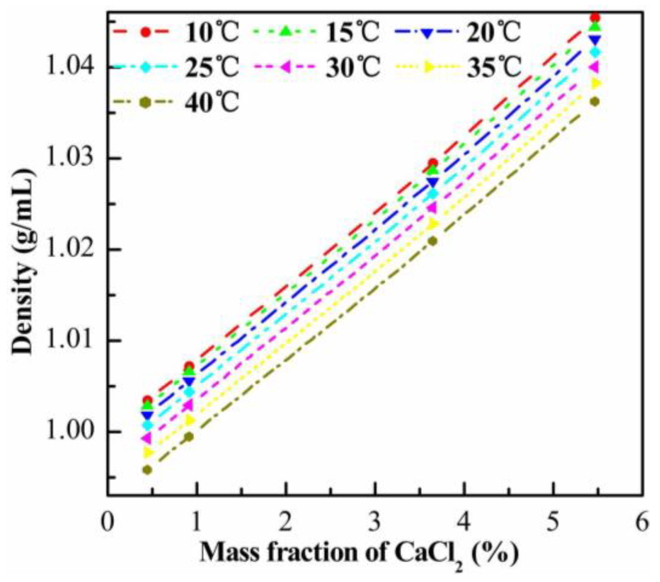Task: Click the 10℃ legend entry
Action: (212, 32)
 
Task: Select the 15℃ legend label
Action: (353, 32)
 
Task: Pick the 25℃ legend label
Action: (212, 68)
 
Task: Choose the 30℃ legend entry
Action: (353, 68)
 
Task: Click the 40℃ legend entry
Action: (212, 103)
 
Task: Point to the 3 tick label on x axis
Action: (375, 522)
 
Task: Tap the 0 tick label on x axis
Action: (107, 522)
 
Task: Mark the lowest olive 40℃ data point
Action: (148, 470)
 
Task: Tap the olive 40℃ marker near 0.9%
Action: (189, 437)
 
